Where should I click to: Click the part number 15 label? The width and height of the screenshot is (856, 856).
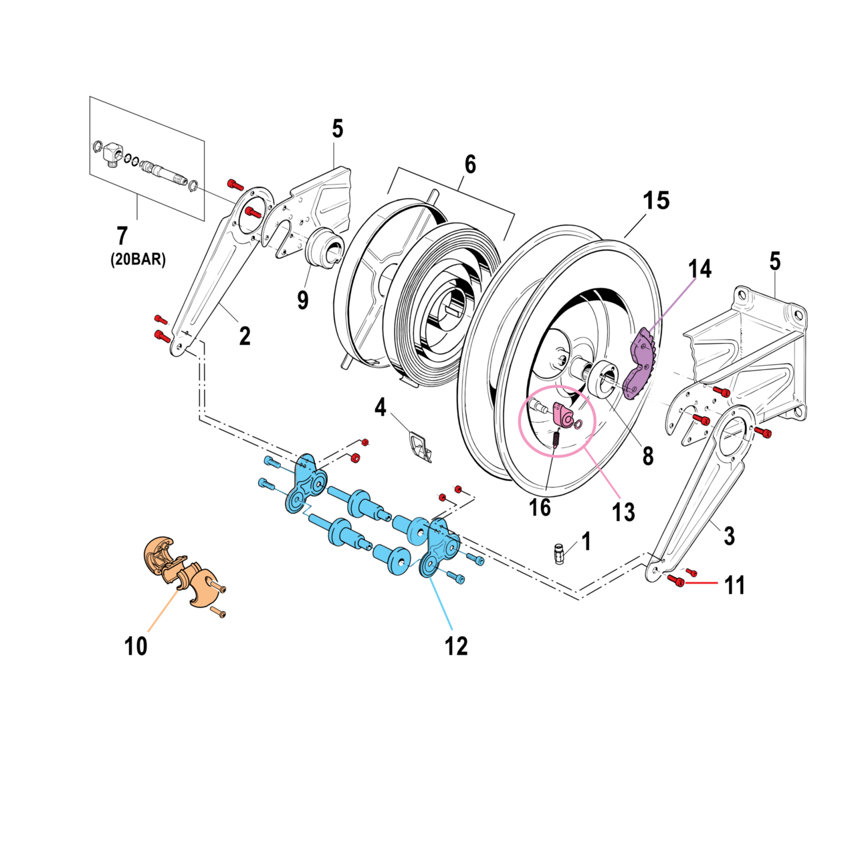656,201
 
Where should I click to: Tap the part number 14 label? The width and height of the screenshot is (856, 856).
700,269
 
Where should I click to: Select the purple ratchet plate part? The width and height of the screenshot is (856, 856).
640,364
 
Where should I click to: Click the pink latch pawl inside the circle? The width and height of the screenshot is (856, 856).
564,416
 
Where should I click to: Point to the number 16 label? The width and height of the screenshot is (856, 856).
540,508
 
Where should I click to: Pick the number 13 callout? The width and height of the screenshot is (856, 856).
623,512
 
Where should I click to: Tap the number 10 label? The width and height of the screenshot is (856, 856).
136,646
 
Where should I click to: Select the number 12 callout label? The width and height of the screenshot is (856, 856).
457,646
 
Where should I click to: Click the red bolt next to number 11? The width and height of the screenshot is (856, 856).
677,581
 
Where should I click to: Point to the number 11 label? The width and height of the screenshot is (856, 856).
735,586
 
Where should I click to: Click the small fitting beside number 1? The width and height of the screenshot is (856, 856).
559,553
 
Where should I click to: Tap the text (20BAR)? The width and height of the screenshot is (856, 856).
138,259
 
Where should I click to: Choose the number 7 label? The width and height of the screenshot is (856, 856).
122,236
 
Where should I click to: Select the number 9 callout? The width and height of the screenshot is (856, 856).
303,300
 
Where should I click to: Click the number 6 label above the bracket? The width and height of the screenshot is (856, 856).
470,165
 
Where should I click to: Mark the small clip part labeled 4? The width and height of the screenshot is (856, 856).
420,446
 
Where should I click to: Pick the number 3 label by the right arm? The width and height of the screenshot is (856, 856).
729,535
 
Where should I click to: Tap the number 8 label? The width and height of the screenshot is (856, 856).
647,457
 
